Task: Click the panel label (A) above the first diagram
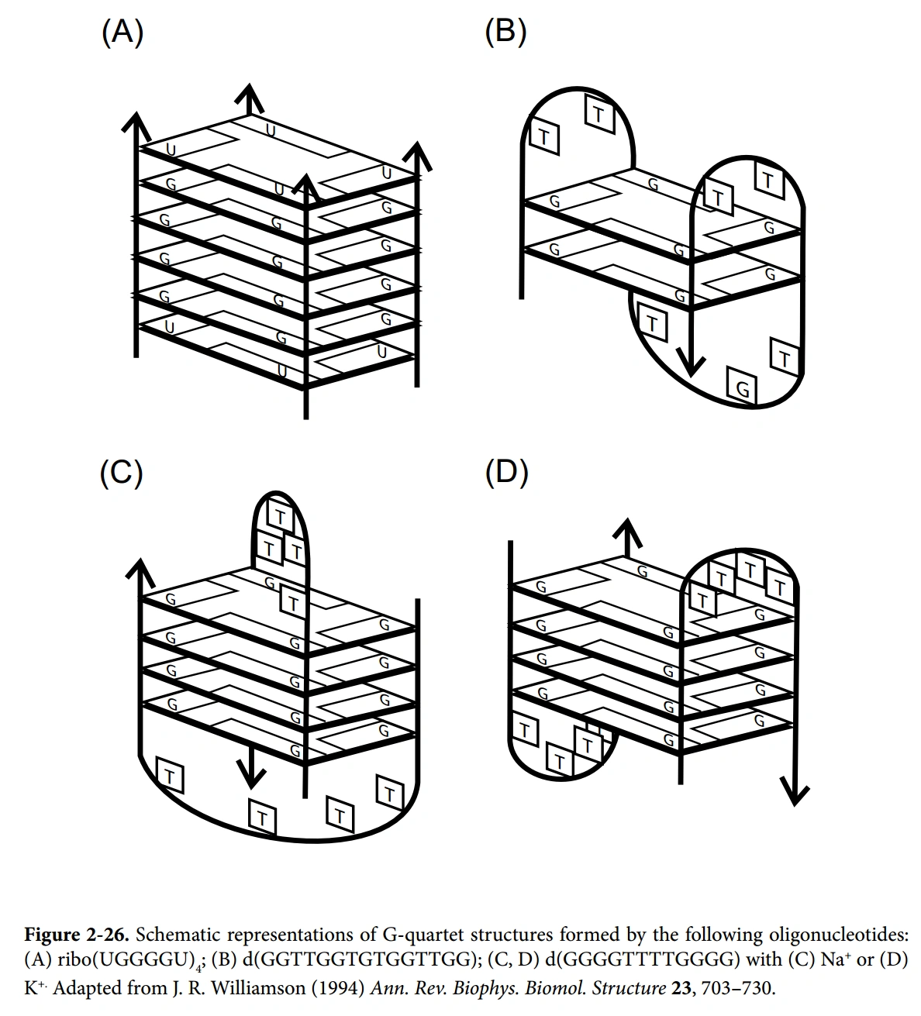tap(122, 33)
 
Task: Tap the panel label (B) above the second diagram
tap(505, 33)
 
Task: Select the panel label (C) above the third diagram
tap(122, 473)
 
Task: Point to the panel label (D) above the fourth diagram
tap(506, 473)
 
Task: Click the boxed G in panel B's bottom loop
tap(743, 387)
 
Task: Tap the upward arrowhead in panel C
tap(140, 573)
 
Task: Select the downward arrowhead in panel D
tap(794, 792)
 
